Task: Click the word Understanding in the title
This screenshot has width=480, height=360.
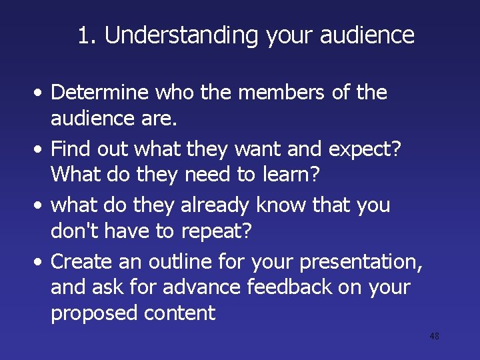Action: (x=181, y=35)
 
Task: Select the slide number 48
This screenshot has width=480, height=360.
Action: (x=434, y=337)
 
